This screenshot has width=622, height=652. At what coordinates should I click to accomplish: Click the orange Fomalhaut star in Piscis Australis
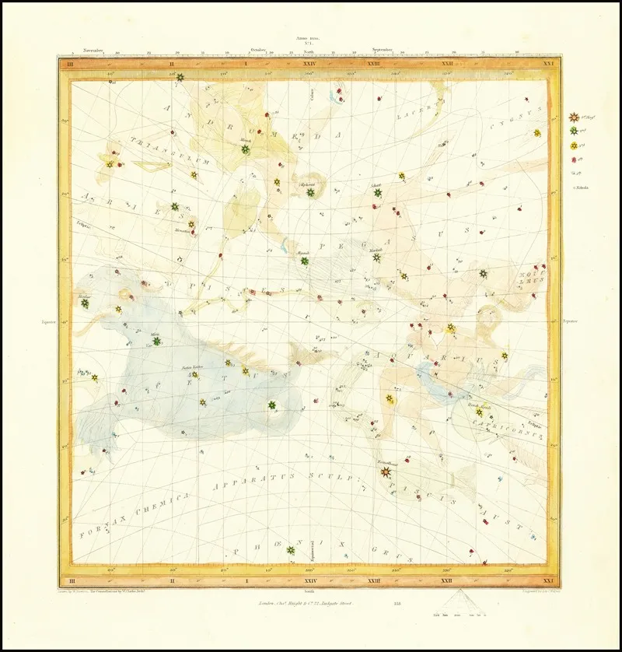click(387, 471)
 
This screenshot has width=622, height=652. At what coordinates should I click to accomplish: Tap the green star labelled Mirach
click(245, 149)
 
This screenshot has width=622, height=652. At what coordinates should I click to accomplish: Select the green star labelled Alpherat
click(310, 192)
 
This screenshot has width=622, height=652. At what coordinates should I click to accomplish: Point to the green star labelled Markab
click(376, 258)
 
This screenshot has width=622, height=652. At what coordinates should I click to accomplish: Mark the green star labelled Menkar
click(85, 305)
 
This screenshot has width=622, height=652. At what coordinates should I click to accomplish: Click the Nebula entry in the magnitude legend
click(582, 187)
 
